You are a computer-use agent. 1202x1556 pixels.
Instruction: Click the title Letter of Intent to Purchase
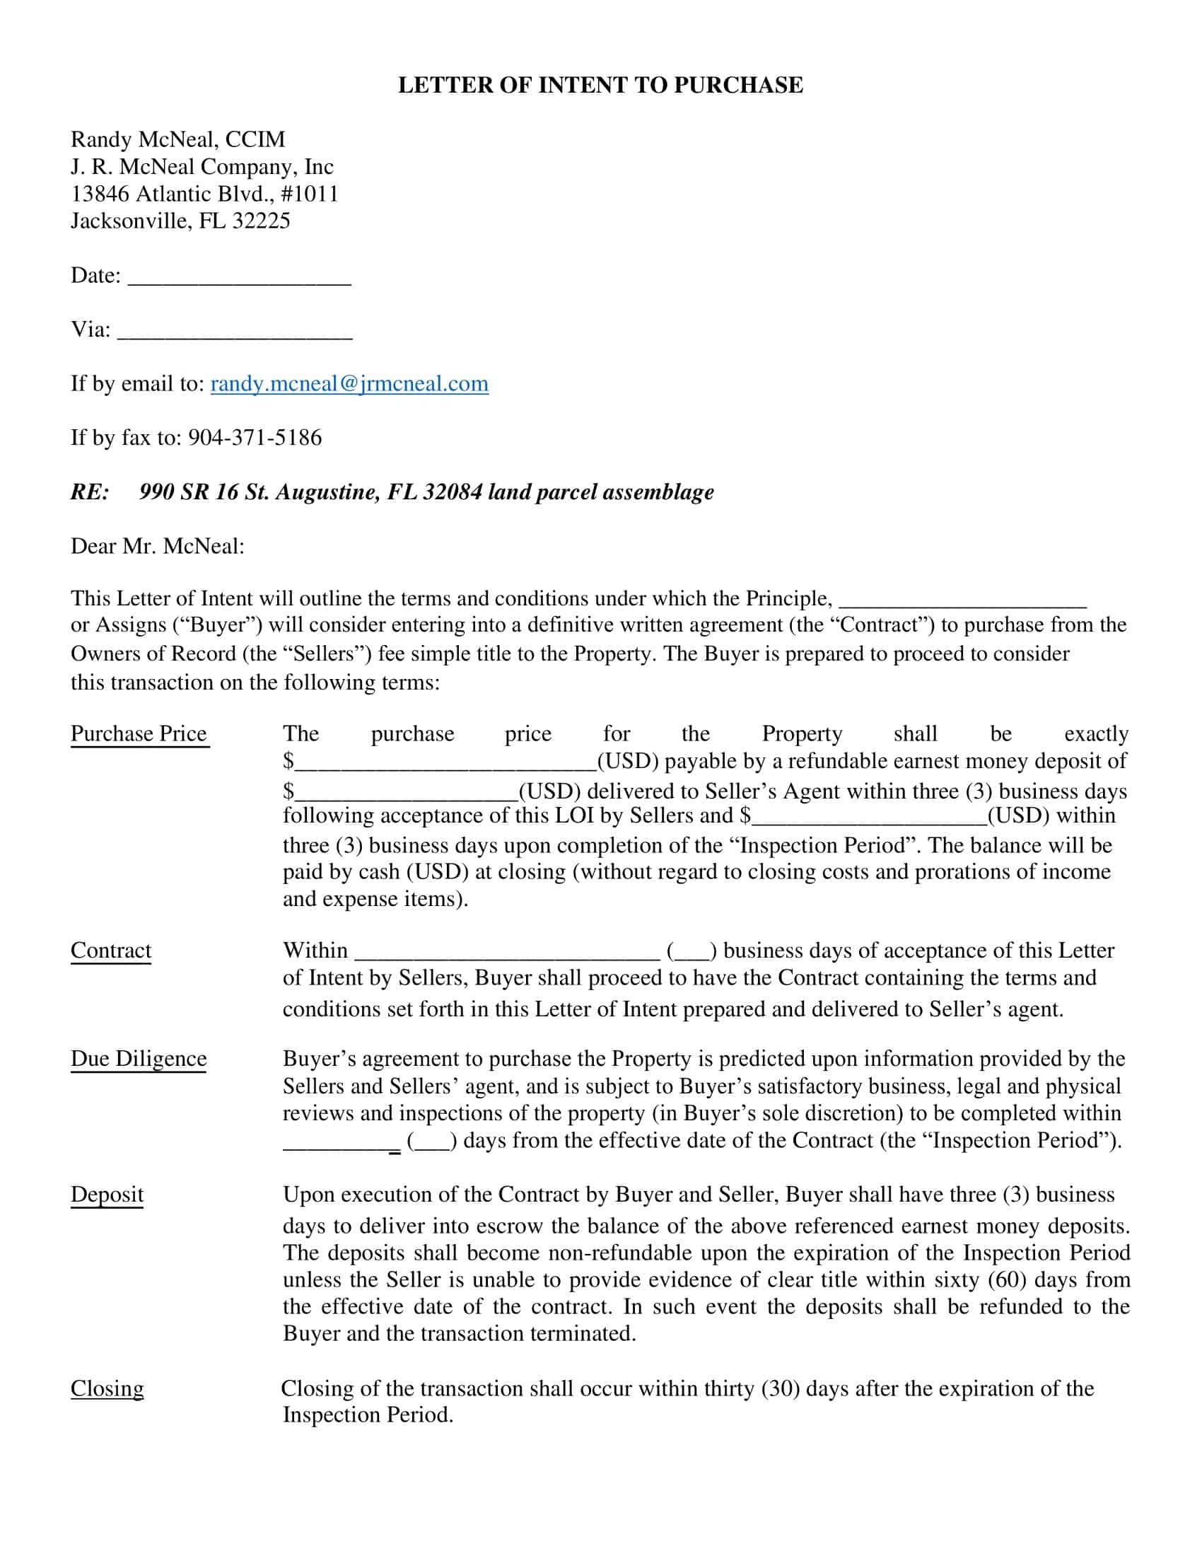600,85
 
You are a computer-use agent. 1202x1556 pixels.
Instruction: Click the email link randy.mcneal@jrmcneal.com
349,383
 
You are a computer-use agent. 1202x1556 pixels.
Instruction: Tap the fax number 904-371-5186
255,436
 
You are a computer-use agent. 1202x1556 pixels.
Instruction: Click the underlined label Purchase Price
139,733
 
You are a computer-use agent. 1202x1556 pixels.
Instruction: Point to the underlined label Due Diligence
139,1059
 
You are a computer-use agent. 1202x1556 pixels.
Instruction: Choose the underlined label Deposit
107,1195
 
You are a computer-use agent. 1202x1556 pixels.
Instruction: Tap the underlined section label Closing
107,1388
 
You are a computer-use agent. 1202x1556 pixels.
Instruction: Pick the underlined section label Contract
111,951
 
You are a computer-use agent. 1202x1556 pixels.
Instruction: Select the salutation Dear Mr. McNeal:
158,547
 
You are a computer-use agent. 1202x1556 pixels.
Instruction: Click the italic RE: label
90,492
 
